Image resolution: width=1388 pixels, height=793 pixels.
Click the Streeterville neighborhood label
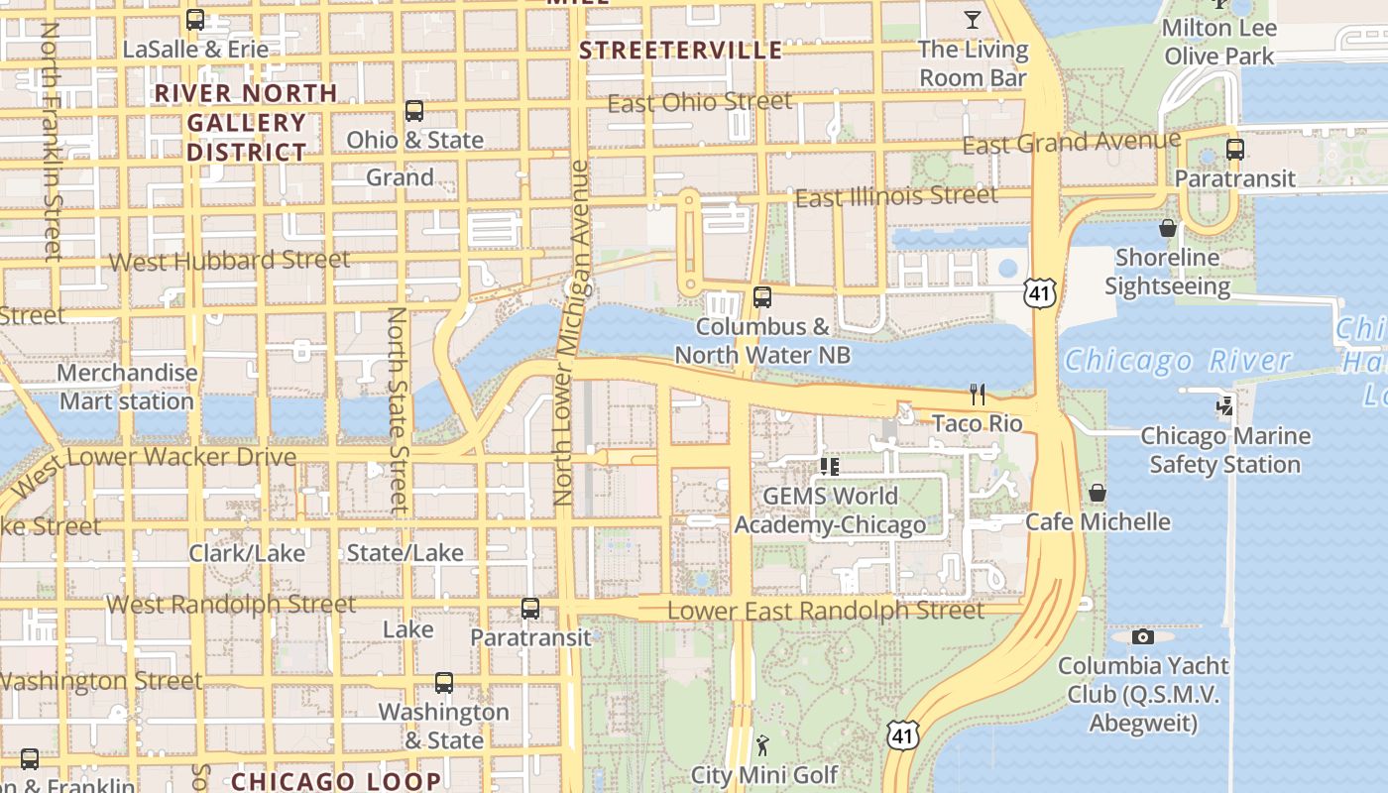coord(680,51)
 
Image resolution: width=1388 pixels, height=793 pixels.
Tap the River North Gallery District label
coord(247,122)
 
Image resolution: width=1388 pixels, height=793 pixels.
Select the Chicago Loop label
coord(336,781)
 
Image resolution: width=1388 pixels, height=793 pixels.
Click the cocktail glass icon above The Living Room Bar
coord(972,19)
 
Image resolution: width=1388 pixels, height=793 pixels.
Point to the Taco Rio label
coord(977,424)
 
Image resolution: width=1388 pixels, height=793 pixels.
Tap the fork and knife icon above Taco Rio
coord(978,395)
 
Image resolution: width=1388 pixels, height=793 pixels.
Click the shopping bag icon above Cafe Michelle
coord(1098,493)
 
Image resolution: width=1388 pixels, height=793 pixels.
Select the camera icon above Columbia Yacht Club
coord(1143,636)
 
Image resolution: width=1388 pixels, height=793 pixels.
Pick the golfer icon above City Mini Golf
coord(762,745)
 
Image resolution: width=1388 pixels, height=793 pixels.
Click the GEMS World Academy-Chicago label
coord(830,510)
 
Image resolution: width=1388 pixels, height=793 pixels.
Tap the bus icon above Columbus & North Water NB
coord(762,296)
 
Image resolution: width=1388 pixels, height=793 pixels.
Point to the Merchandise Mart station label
coord(127,387)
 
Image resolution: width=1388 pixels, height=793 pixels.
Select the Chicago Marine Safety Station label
coord(1224,450)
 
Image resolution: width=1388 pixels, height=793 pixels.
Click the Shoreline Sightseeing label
coord(1167,272)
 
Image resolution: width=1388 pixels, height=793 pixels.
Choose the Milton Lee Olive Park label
coord(1218,42)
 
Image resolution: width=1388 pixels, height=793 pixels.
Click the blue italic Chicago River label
coord(1178,361)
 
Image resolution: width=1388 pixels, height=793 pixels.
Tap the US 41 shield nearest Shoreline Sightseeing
coord(1041,291)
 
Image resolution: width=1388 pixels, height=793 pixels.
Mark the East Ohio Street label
coord(700,102)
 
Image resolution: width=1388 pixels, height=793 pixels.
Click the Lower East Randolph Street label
coord(826,611)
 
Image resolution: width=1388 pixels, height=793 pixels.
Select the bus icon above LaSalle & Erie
coord(195,20)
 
